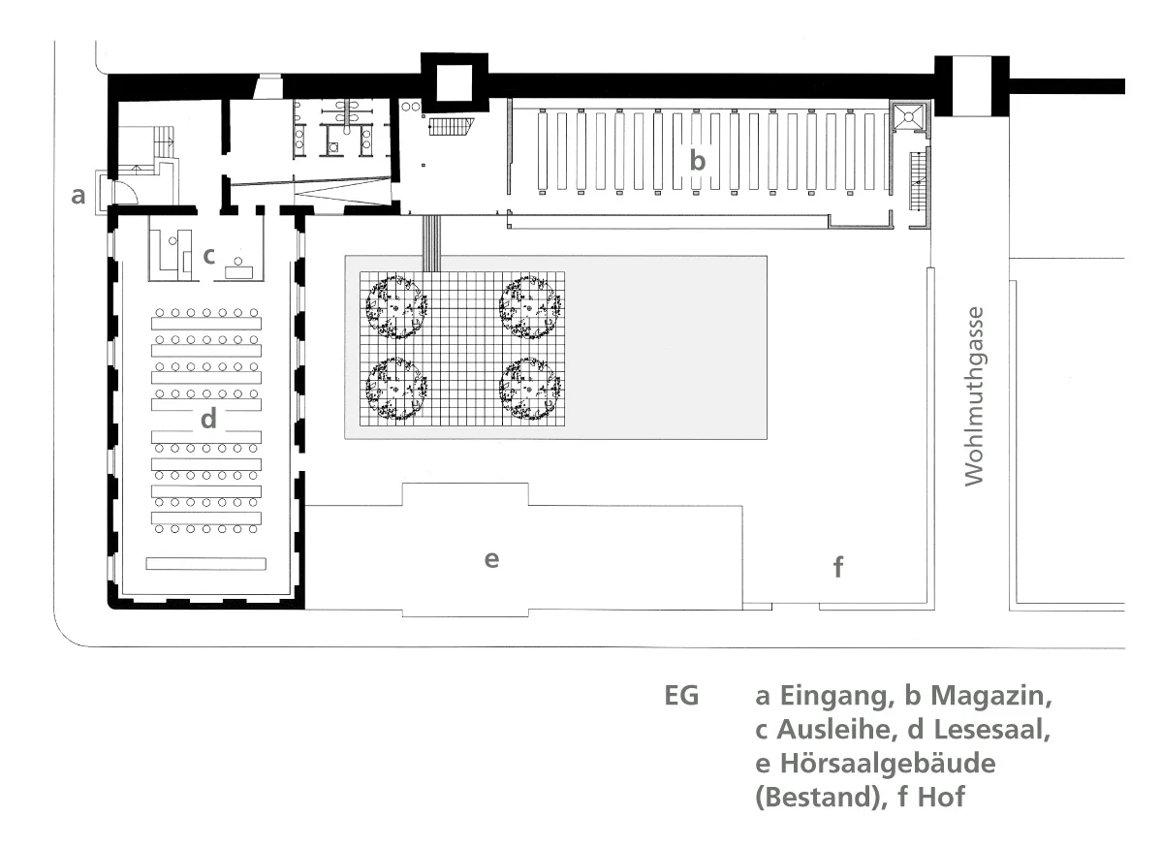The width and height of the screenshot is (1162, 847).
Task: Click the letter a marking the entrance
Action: (78, 196)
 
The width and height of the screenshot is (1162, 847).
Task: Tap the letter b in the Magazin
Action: (698, 159)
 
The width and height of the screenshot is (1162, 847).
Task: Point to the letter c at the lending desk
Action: (209, 257)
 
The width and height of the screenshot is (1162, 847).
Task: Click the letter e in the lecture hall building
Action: (491, 559)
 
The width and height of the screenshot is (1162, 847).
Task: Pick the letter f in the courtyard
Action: (838, 567)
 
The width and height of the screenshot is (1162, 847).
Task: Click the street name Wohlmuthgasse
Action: (975, 396)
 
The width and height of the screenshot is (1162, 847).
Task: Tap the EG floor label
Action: (681, 696)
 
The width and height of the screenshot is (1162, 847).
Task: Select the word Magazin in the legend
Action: (990, 696)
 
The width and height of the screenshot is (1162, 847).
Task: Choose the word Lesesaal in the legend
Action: (991, 730)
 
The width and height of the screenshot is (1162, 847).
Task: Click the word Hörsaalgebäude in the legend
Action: (888, 764)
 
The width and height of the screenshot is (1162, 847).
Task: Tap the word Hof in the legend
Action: (941, 798)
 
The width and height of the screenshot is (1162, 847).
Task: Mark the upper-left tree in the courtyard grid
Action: (396, 306)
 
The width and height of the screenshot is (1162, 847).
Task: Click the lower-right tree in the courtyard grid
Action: (529, 389)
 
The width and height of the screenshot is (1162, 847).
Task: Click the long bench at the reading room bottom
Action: (206, 564)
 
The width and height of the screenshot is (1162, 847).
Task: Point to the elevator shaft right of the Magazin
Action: (908, 116)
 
